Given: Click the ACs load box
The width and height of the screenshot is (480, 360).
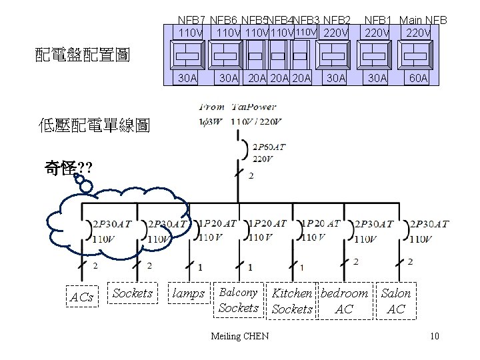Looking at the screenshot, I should point(82,297).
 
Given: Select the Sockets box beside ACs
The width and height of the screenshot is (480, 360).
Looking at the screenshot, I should point(133,293).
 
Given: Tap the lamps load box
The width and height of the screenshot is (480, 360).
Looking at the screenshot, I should point(189,293).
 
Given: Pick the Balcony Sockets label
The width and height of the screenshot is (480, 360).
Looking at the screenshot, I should point(238,300).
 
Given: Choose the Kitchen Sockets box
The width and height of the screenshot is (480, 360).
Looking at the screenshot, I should point(292,301).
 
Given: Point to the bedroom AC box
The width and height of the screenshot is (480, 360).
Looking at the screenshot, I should point(344,301).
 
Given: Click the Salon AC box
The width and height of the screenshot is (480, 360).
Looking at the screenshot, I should point(396,301).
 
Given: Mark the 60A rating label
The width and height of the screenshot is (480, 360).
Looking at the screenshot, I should point(419,79).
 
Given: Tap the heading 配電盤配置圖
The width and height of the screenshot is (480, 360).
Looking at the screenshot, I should point(82,55).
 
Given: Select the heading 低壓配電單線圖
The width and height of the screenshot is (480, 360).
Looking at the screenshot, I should point(95,125).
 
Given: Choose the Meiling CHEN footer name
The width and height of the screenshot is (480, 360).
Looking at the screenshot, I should point(239,336).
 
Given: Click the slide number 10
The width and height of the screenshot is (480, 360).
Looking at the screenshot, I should point(435,336).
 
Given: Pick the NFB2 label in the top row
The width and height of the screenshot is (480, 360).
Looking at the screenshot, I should point(337,21).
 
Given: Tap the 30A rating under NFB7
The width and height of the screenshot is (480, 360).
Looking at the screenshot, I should point(187,79).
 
